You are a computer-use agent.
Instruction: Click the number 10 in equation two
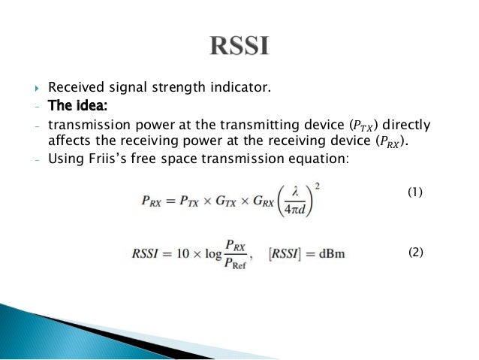[170, 253]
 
